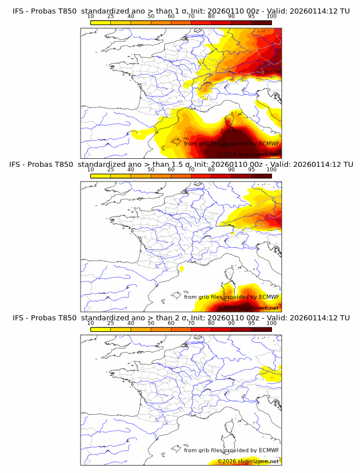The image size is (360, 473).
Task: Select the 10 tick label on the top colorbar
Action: (x=90, y=17)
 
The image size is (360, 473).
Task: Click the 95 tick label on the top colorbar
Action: (x=251, y=17)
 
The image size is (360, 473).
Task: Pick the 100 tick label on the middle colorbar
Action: (x=271, y=170)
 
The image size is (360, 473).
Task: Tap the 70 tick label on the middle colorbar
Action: (x=191, y=170)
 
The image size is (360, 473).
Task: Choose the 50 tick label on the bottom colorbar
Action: (x=151, y=324)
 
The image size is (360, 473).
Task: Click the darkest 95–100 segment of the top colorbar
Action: (x=262, y=22)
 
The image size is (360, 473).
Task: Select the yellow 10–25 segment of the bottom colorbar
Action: (x=101, y=330)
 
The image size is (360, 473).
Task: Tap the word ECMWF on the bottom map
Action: (x=269, y=450)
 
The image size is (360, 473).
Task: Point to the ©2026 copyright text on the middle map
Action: (x=226, y=307)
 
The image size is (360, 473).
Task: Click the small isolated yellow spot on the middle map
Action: (x=182, y=268)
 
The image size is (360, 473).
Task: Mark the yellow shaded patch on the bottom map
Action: (x=270, y=374)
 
